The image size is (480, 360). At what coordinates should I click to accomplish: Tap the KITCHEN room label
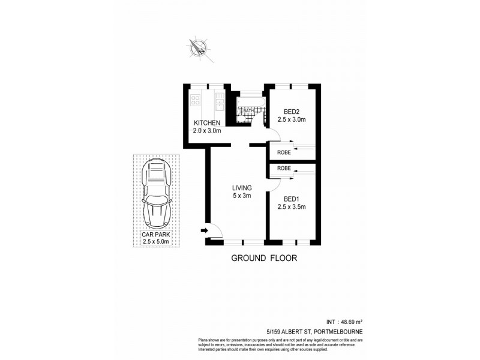(x=207, y=123)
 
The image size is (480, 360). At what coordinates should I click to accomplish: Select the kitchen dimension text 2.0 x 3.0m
(x=207, y=131)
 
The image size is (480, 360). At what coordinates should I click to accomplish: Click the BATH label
(x=248, y=111)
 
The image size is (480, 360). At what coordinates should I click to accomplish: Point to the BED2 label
(x=292, y=111)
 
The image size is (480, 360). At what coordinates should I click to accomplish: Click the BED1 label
(x=292, y=199)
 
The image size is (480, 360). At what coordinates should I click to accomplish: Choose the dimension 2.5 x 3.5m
(x=292, y=208)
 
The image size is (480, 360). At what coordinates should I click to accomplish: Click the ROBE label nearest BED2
(x=284, y=152)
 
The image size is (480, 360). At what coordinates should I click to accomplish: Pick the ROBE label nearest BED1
(x=284, y=169)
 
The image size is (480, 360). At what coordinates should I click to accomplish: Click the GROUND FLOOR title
(x=264, y=259)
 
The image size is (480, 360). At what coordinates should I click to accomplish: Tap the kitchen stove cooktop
(x=196, y=100)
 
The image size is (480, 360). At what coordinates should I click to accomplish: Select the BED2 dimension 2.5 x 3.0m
(x=292, y=119)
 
